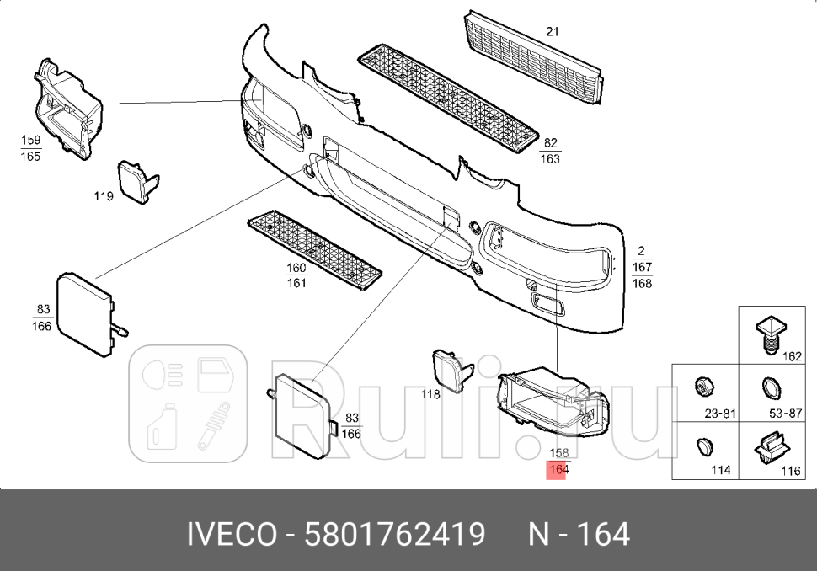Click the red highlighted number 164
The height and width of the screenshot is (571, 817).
tap(558, 470)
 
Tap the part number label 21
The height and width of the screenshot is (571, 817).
tap(552, 32)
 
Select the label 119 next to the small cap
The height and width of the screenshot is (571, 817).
tap(104, 196)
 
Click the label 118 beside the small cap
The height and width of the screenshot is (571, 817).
tap(430, 393)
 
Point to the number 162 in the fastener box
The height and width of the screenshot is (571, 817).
tap(791, 356)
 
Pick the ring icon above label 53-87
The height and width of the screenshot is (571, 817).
tap(769, 388)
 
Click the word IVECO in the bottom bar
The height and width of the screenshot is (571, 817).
tap(230, 534)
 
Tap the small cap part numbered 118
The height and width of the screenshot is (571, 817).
tap(452, 371)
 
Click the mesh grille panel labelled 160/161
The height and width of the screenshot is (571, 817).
tap(312, 249)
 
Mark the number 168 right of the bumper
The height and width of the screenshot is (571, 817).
tap(642, 283)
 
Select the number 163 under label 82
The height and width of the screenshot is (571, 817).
tap(549, 158)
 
